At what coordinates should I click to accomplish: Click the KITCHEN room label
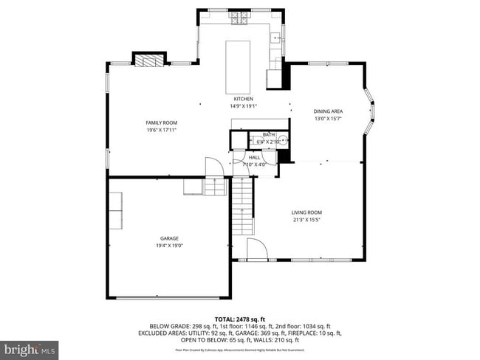pyautogui.click(x=244, y=99)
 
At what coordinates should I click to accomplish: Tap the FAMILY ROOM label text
pyautogui.click(x=161, y=122)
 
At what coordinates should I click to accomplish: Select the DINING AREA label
pyautogui.click(x=329, y=111)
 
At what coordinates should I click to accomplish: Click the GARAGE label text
pyautogui.click(x=169, y=238)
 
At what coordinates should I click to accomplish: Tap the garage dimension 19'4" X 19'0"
pyautogui.click(x=169, y=246)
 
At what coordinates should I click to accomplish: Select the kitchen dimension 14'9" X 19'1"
pyautogui.click(x=244, y=106)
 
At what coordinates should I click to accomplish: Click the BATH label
pyautogui.click(x=268, y=134)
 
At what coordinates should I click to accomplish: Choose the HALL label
pyautogui.click(x=254, y=157)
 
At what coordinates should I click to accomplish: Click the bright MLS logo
pyautogui.click(x=30, y=347)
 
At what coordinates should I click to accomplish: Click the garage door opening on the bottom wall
pyautogui.click(x=169, y=297)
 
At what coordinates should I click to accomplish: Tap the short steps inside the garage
pyautogui.click(x=215, y=187)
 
